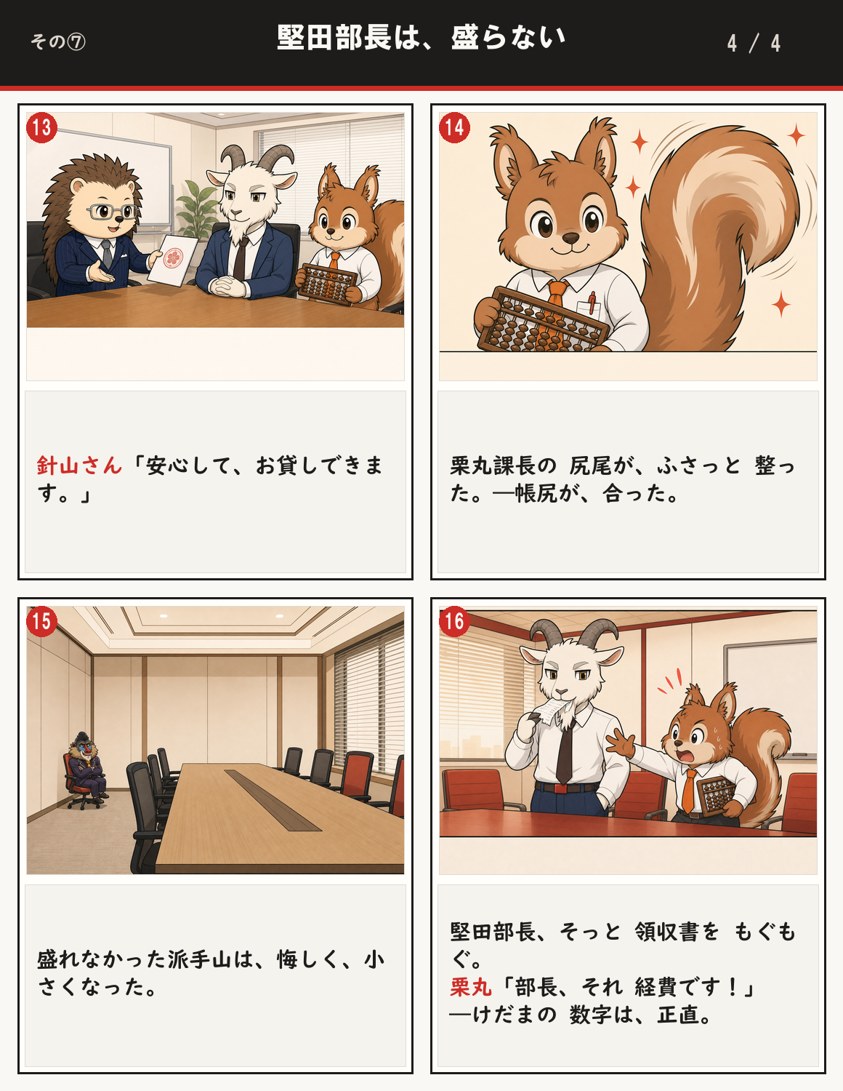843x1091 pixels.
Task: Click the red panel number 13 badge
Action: pyautogui.click(x=41, y=127)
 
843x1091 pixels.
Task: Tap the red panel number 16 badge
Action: pyautogui.click(x=454, y=622)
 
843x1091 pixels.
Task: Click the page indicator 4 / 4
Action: pyautogui.click(x=754, y=44)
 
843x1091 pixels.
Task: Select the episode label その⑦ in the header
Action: pyautogui.click(x=57, y=41)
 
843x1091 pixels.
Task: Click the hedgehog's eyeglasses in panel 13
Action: pyautogui.click(x=112, y=212)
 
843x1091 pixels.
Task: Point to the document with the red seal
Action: pyautogui.click(x=172, y=260)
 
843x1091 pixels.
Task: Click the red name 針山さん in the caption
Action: pyautogui.click(x=79, y=465)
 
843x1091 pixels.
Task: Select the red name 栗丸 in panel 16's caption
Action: pyautogui.click(x=470, y=987)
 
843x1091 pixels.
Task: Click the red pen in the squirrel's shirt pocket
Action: pyautogui.click(x=592, y=303)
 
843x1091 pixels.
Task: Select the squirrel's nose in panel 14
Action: pyautogui.click(x=570, y=238)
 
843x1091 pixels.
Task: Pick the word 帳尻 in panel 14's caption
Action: pyautogui.click(x=536, y=494)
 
